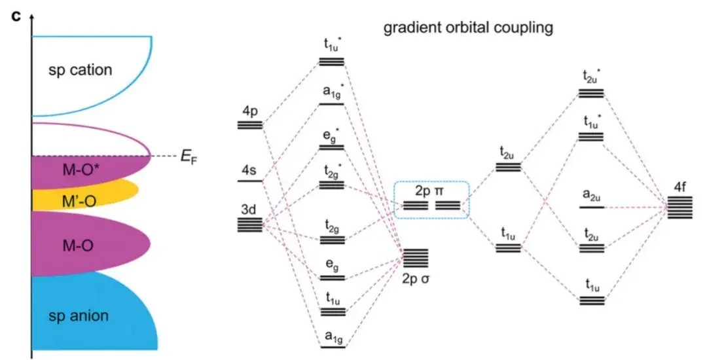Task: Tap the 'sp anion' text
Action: (x=79, y=317)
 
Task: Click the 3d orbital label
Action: (x=248, y=211)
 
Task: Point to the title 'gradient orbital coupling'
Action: (x=468, y=28)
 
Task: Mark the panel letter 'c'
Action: (x=17, y=14)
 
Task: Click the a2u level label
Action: (x=592, y=194)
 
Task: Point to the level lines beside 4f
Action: (x=680, y=208)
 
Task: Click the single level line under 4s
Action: (x=249, y=181)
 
